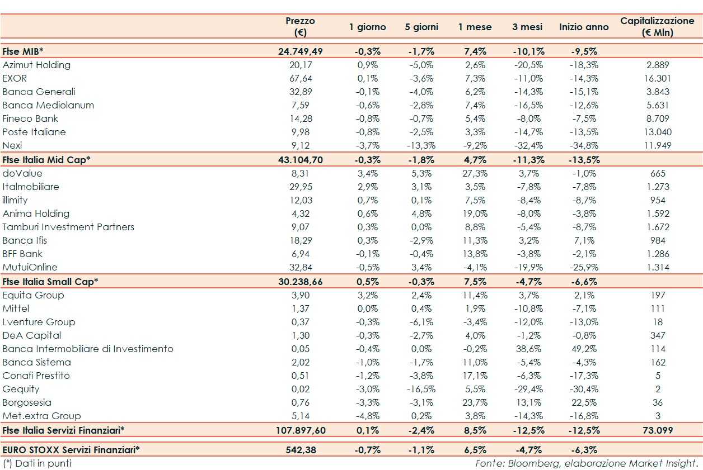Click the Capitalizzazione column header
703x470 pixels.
[657, 26]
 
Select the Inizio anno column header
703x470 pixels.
[584, 27]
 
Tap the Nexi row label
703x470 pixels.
[12, 145]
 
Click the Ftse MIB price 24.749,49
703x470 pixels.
[301, 51]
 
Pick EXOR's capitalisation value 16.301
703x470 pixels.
[658, 78]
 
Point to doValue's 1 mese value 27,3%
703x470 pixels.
[475, 173]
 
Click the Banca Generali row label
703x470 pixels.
[39, 92]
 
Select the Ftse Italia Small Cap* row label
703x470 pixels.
[50, 281]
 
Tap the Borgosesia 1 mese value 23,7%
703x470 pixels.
[475, 402]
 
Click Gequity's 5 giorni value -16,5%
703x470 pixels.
[421, 389]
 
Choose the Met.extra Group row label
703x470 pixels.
[41, 416]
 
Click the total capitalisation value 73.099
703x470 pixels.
[658, 430]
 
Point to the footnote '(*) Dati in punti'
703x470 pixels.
[37, 463]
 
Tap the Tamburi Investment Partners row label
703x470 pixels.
[68, 227]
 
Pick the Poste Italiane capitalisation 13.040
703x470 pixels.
[658, 132]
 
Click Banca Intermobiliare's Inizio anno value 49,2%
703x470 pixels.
[584, 349]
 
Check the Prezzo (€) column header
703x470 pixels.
[301, 26]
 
